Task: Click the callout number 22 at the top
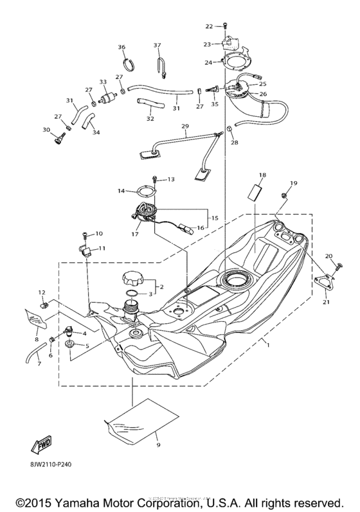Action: coord(208,26)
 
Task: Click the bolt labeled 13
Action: coord(154,179)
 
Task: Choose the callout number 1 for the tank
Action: coord(269,345)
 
